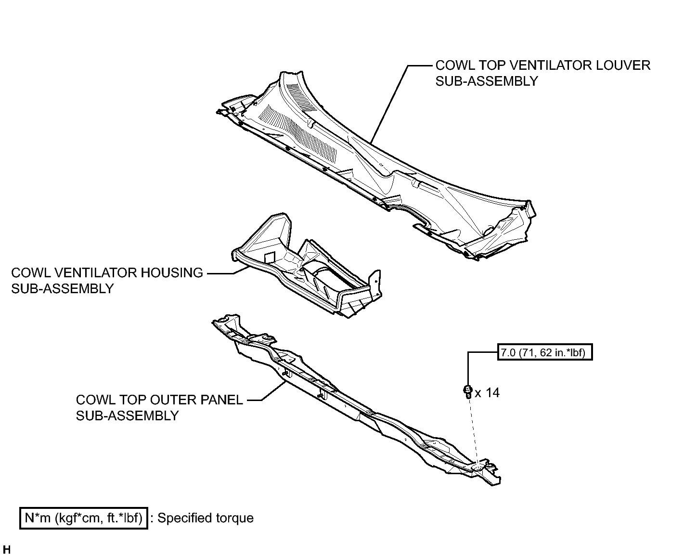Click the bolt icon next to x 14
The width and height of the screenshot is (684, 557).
[468, 391]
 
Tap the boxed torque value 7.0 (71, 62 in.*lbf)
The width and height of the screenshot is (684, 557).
[544, 352]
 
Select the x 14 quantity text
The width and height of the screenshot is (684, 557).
[487, 393]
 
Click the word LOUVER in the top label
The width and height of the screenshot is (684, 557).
[623, 65]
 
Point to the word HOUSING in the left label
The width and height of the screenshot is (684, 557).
[172, 272]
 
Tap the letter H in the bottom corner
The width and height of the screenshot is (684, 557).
[7, 549]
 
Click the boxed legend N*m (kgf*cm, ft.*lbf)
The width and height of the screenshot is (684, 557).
[83, 518]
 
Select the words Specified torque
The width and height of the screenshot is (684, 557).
[206, 518]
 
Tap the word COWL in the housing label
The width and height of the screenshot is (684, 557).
[31, 272]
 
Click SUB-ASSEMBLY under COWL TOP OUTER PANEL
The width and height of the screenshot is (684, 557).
[127, 415]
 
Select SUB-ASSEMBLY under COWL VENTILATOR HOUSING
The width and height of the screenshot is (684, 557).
[63, 288]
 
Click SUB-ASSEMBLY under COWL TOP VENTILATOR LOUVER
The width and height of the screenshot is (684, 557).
[487, 81]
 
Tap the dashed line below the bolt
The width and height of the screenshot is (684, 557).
[474, 431]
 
